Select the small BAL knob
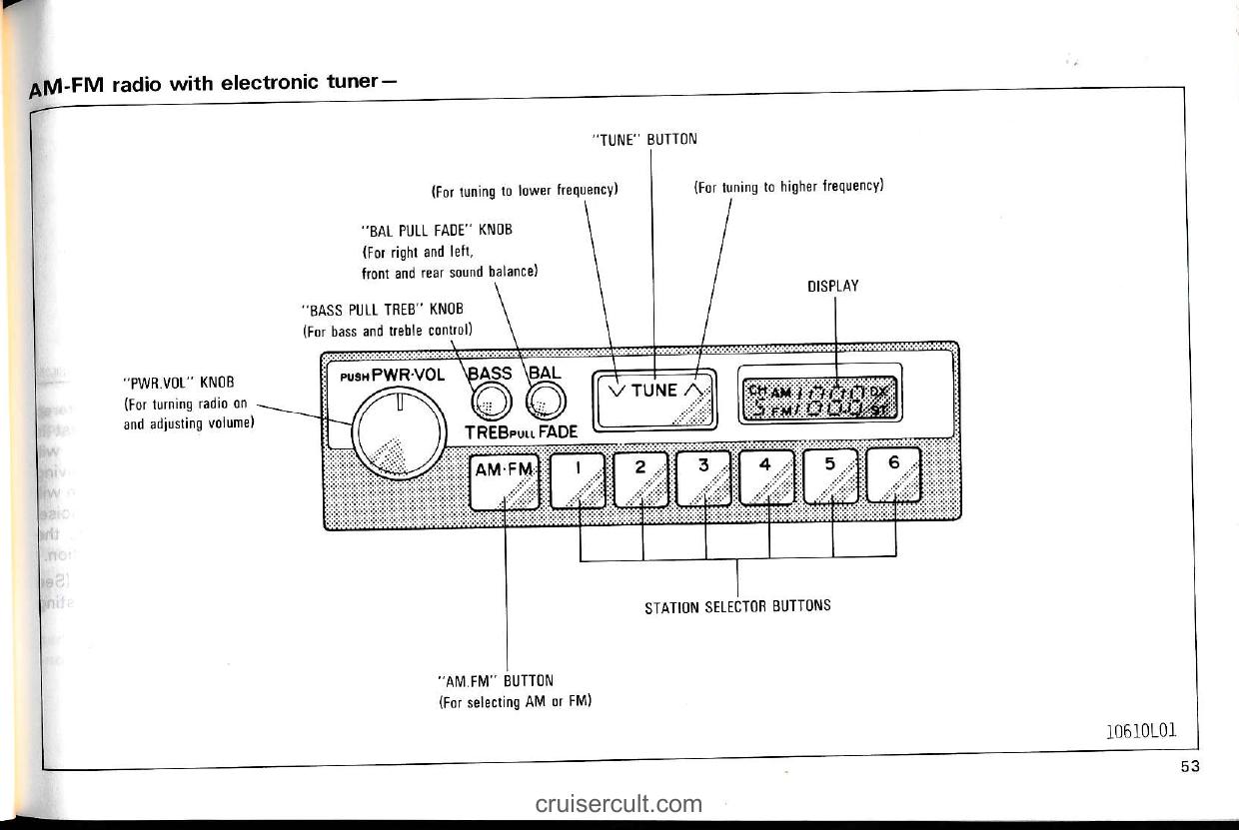point(545,403)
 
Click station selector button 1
point(577,478)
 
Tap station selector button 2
point(640,478)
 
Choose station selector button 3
point(704,478)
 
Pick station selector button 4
point(767,478)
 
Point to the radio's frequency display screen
point(819,399)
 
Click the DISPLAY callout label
point(833,287)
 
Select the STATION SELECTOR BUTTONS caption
point(737,605)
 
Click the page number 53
point(1187,766)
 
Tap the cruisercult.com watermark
point(619,804)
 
